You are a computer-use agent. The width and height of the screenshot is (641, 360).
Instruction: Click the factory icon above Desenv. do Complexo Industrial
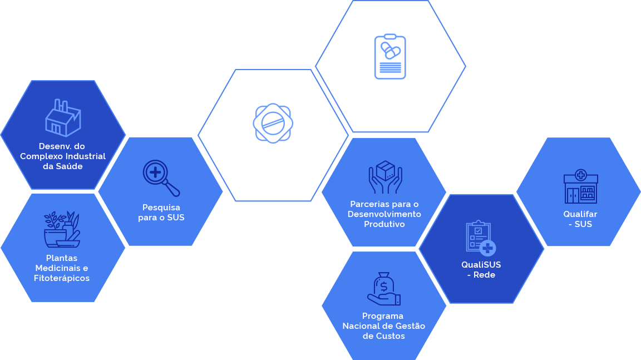tap(62, 117)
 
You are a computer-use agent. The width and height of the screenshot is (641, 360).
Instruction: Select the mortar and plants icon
tap(62, 229)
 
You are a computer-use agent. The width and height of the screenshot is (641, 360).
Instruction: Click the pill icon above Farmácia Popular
tap(273, 123)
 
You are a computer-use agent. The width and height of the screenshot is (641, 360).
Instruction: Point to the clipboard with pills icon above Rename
tap(390, 57)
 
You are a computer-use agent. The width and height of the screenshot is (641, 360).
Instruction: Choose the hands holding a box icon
tap(384, 177)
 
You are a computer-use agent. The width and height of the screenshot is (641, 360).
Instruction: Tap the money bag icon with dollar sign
tap(384, 288)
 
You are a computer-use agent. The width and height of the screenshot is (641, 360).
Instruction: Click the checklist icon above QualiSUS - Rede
tap(480, 238)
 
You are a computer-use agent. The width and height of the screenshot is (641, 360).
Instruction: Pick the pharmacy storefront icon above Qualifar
tap(580, 186)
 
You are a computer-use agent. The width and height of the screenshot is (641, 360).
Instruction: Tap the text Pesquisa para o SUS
tap(161, 213)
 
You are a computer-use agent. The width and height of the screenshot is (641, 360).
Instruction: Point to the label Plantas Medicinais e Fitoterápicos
tap(62, 268)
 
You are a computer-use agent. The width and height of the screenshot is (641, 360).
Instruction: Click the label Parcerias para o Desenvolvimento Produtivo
tap(384, 214)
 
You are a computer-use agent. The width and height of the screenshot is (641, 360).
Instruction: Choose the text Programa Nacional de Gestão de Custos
tap(384, 326)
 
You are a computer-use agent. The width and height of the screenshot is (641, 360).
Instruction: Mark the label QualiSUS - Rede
tap(481, 270)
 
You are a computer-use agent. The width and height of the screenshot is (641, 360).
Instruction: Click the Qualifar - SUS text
tap(580, 219)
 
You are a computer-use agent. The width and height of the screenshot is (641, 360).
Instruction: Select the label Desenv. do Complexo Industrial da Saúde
tap(63, 156)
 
